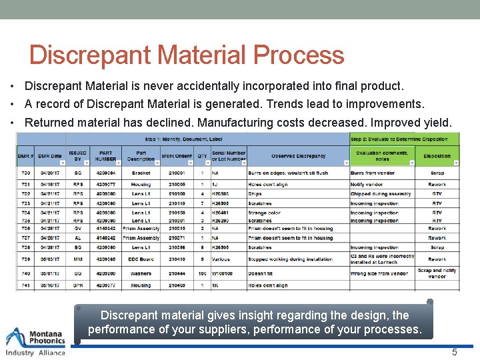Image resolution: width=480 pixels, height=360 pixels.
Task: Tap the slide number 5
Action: pos(455,352)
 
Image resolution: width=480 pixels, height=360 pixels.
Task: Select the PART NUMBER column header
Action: pos(105,156)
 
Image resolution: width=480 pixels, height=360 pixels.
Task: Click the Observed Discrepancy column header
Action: pos(298,156)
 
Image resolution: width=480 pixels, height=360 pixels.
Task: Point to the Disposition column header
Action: pos(437,156)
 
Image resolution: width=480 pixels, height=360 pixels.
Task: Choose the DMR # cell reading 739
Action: pos(25,259)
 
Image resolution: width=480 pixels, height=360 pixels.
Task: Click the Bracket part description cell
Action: pos(141,173)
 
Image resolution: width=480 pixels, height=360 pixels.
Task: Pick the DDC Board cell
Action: pos(141,259)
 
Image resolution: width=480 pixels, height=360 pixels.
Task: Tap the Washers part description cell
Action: pos(141,273)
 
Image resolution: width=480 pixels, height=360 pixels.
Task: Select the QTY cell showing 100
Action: pos(202,273)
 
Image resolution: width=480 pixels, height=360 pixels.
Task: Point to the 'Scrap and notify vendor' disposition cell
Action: pos(437,273)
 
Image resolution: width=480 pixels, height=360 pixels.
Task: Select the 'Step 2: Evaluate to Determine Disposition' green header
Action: pos(404,138)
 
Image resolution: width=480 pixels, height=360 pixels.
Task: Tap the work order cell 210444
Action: pos(177,273)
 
